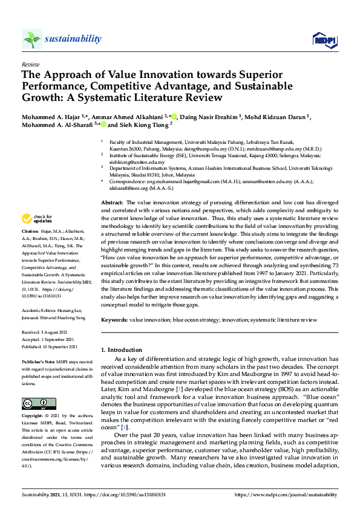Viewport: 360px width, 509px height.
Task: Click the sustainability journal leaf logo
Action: pyautogui.click(x=31, y=39)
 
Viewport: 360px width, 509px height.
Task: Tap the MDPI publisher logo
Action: pyautogui.click(x=323, y=41)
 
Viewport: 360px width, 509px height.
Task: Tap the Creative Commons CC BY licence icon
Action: pyautogui.click(x=34, y=403)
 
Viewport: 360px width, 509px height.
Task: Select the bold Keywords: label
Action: pyautogui.click(x=116, y=319)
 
